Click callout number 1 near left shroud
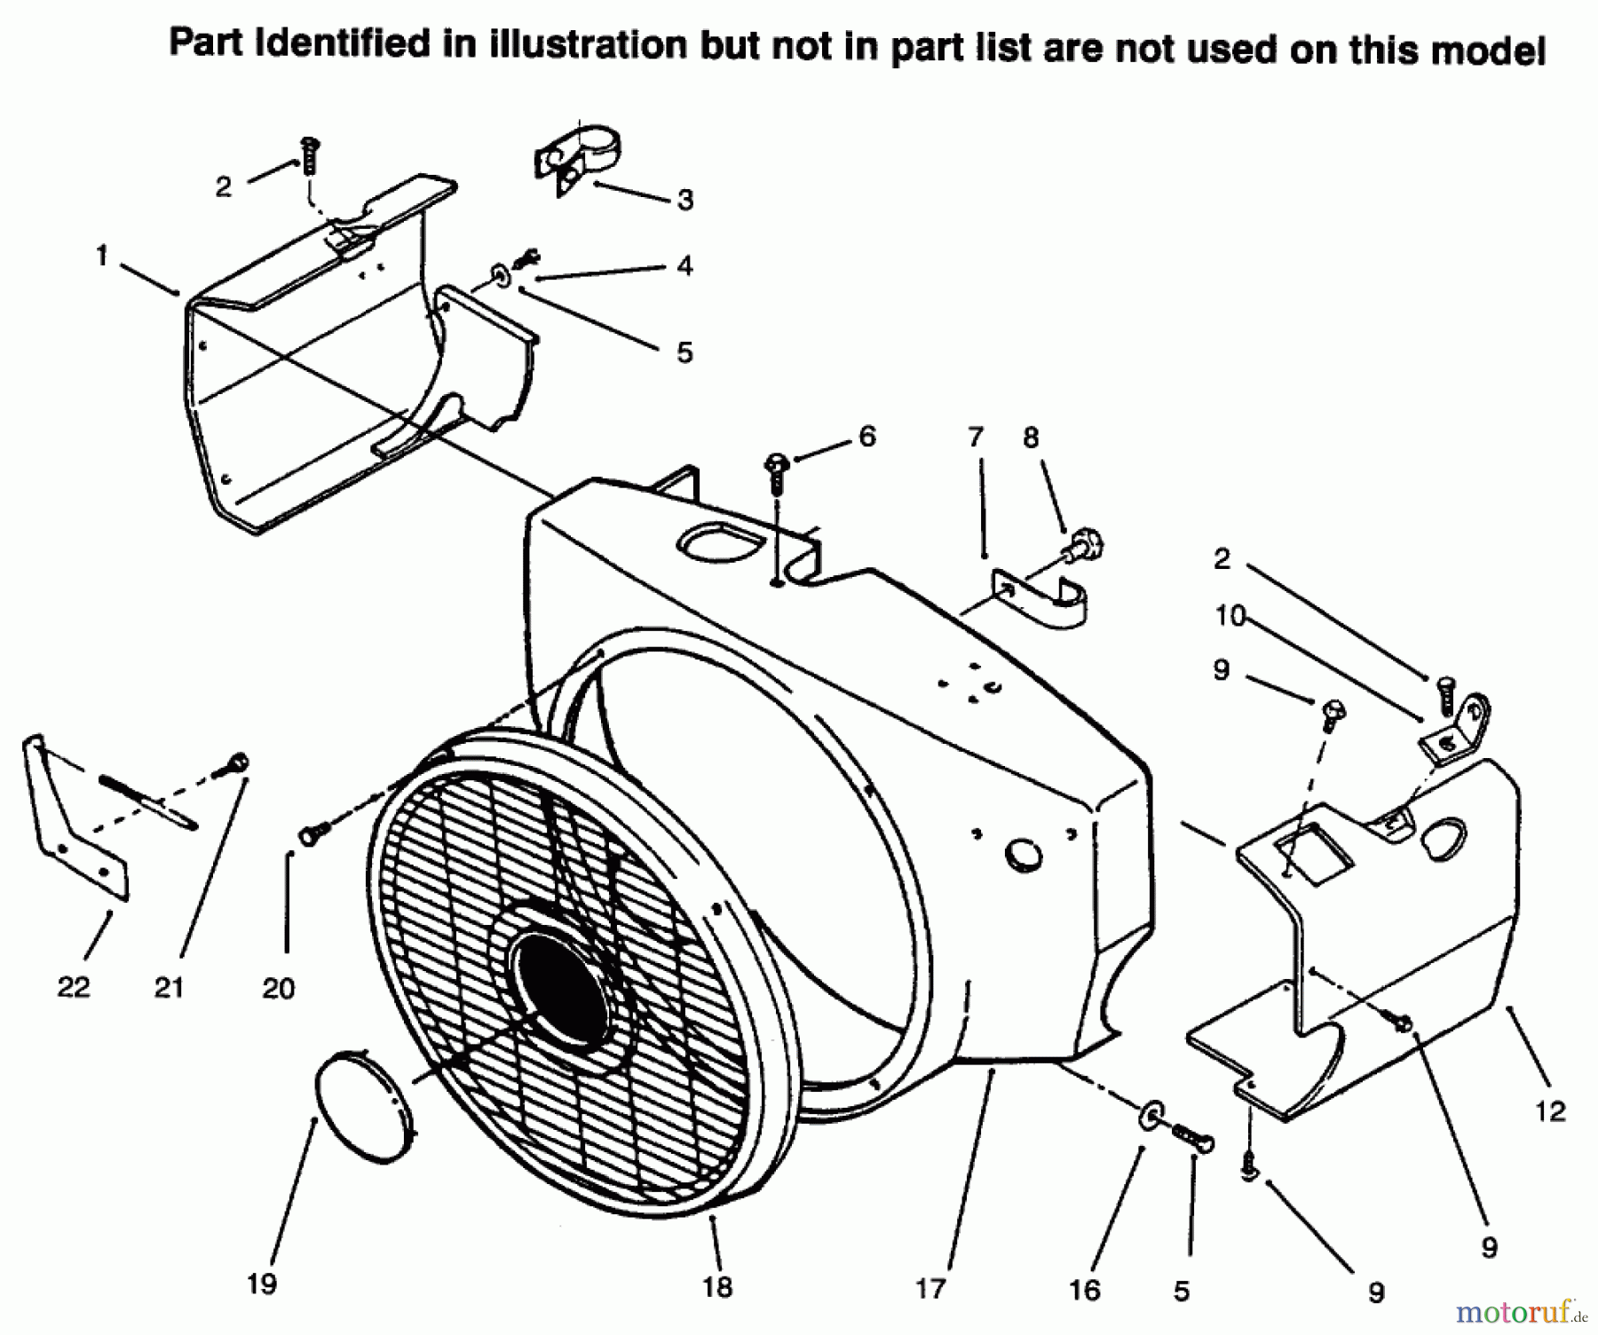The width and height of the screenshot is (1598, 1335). [102, 257]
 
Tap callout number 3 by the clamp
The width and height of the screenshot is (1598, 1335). [684, 200]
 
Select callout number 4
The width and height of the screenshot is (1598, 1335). [684, 265]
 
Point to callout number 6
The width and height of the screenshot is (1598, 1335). [866, 436]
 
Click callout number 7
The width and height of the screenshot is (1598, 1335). [976, 437]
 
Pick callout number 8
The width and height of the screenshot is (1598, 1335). [1030, 437]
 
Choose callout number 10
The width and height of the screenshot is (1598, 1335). [1230, 615]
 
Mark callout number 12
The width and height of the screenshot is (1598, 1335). [1550, 1110]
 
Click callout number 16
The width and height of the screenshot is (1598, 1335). [1084, 1290]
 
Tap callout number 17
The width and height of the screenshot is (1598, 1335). [930, 1288]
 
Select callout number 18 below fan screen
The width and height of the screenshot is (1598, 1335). [717, 1286]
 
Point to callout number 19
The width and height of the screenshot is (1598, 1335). [263, 1283]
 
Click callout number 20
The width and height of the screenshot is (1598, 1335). [278, 988]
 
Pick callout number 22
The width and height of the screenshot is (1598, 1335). [73, 986]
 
